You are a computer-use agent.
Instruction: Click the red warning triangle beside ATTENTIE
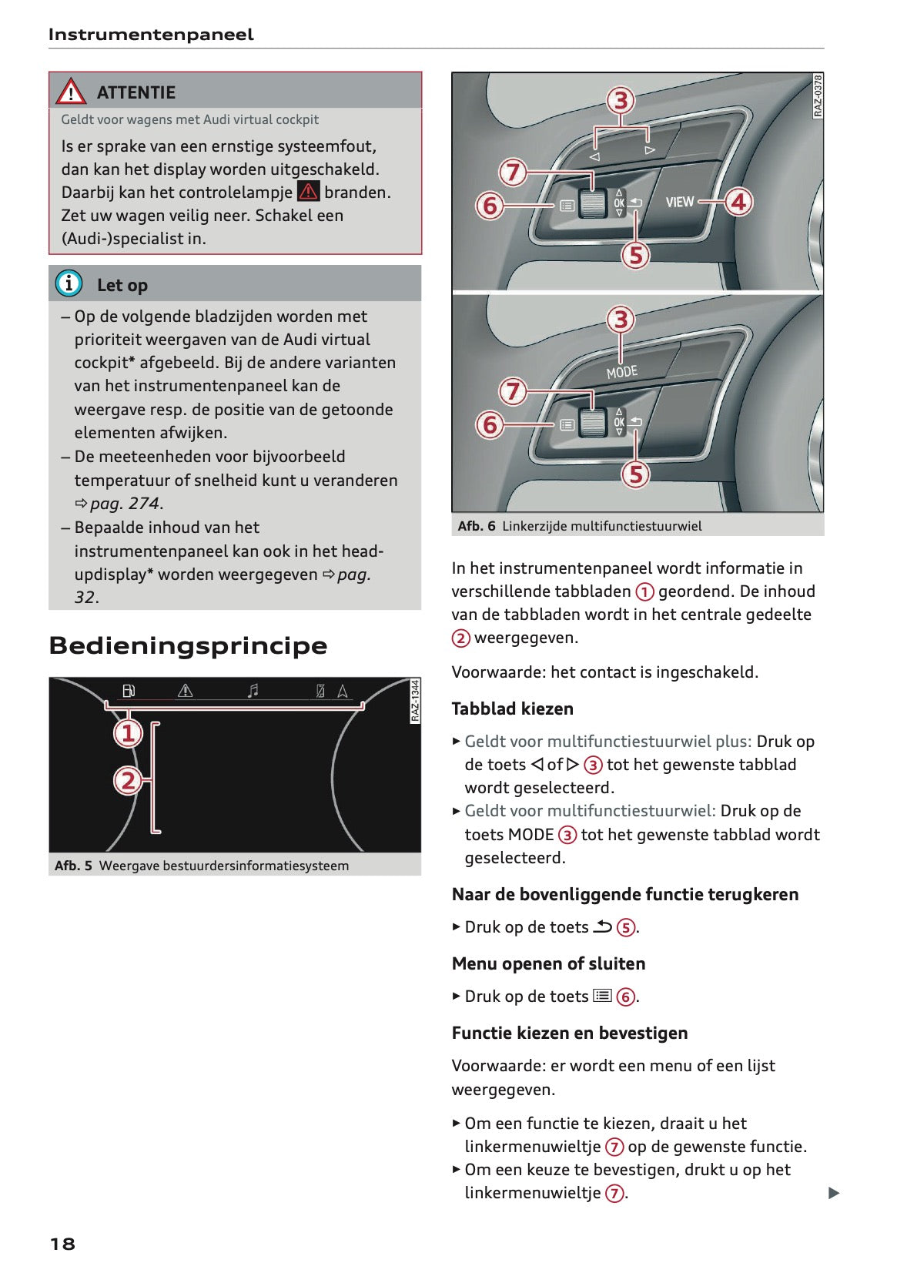(x=71, y=92)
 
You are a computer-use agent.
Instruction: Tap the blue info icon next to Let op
(x=69, y=283)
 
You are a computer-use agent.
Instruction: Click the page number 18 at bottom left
(x=62, y=1243)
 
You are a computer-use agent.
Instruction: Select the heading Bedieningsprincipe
(x=188, y=645)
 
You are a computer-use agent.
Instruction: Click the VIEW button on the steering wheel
(x=679, y=202)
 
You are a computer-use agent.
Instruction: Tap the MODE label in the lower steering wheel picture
(x=622, y=372)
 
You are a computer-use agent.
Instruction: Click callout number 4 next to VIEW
(x=738, y=202)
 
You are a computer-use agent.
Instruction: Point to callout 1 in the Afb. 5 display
(x=129, y=732)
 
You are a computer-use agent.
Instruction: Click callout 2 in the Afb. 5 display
(x=129, y=781)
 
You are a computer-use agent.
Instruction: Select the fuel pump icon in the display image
(x=129, y=691)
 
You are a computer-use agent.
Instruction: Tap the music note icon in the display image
(x=253, y=691)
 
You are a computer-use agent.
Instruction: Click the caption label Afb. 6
(x=476, y=526)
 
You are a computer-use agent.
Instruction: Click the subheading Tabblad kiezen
(x=512, y=709)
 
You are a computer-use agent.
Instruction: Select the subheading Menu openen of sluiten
(x=548, y=963)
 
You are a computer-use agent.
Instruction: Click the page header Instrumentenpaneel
(x=151, y=35)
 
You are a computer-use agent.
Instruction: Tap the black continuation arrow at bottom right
(x=833, y=1193)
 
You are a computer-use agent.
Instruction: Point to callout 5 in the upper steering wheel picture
(x=636, y=255)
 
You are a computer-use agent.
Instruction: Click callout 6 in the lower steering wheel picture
(x=490, y=424)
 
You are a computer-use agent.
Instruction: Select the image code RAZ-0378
(x=818, y=95)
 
